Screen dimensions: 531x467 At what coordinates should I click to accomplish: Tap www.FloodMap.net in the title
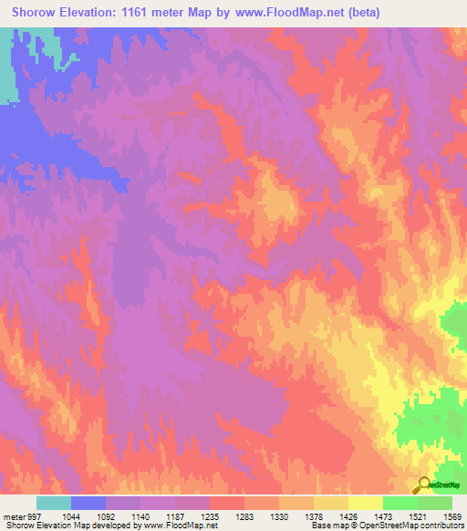point(282,13)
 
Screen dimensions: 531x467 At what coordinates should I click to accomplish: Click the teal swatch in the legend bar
point(54,503)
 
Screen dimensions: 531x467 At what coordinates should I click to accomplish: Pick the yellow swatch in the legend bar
point(365,503)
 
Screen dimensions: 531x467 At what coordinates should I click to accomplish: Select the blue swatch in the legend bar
point(88,503)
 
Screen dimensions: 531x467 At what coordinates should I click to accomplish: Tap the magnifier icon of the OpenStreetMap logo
point(423,484)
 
